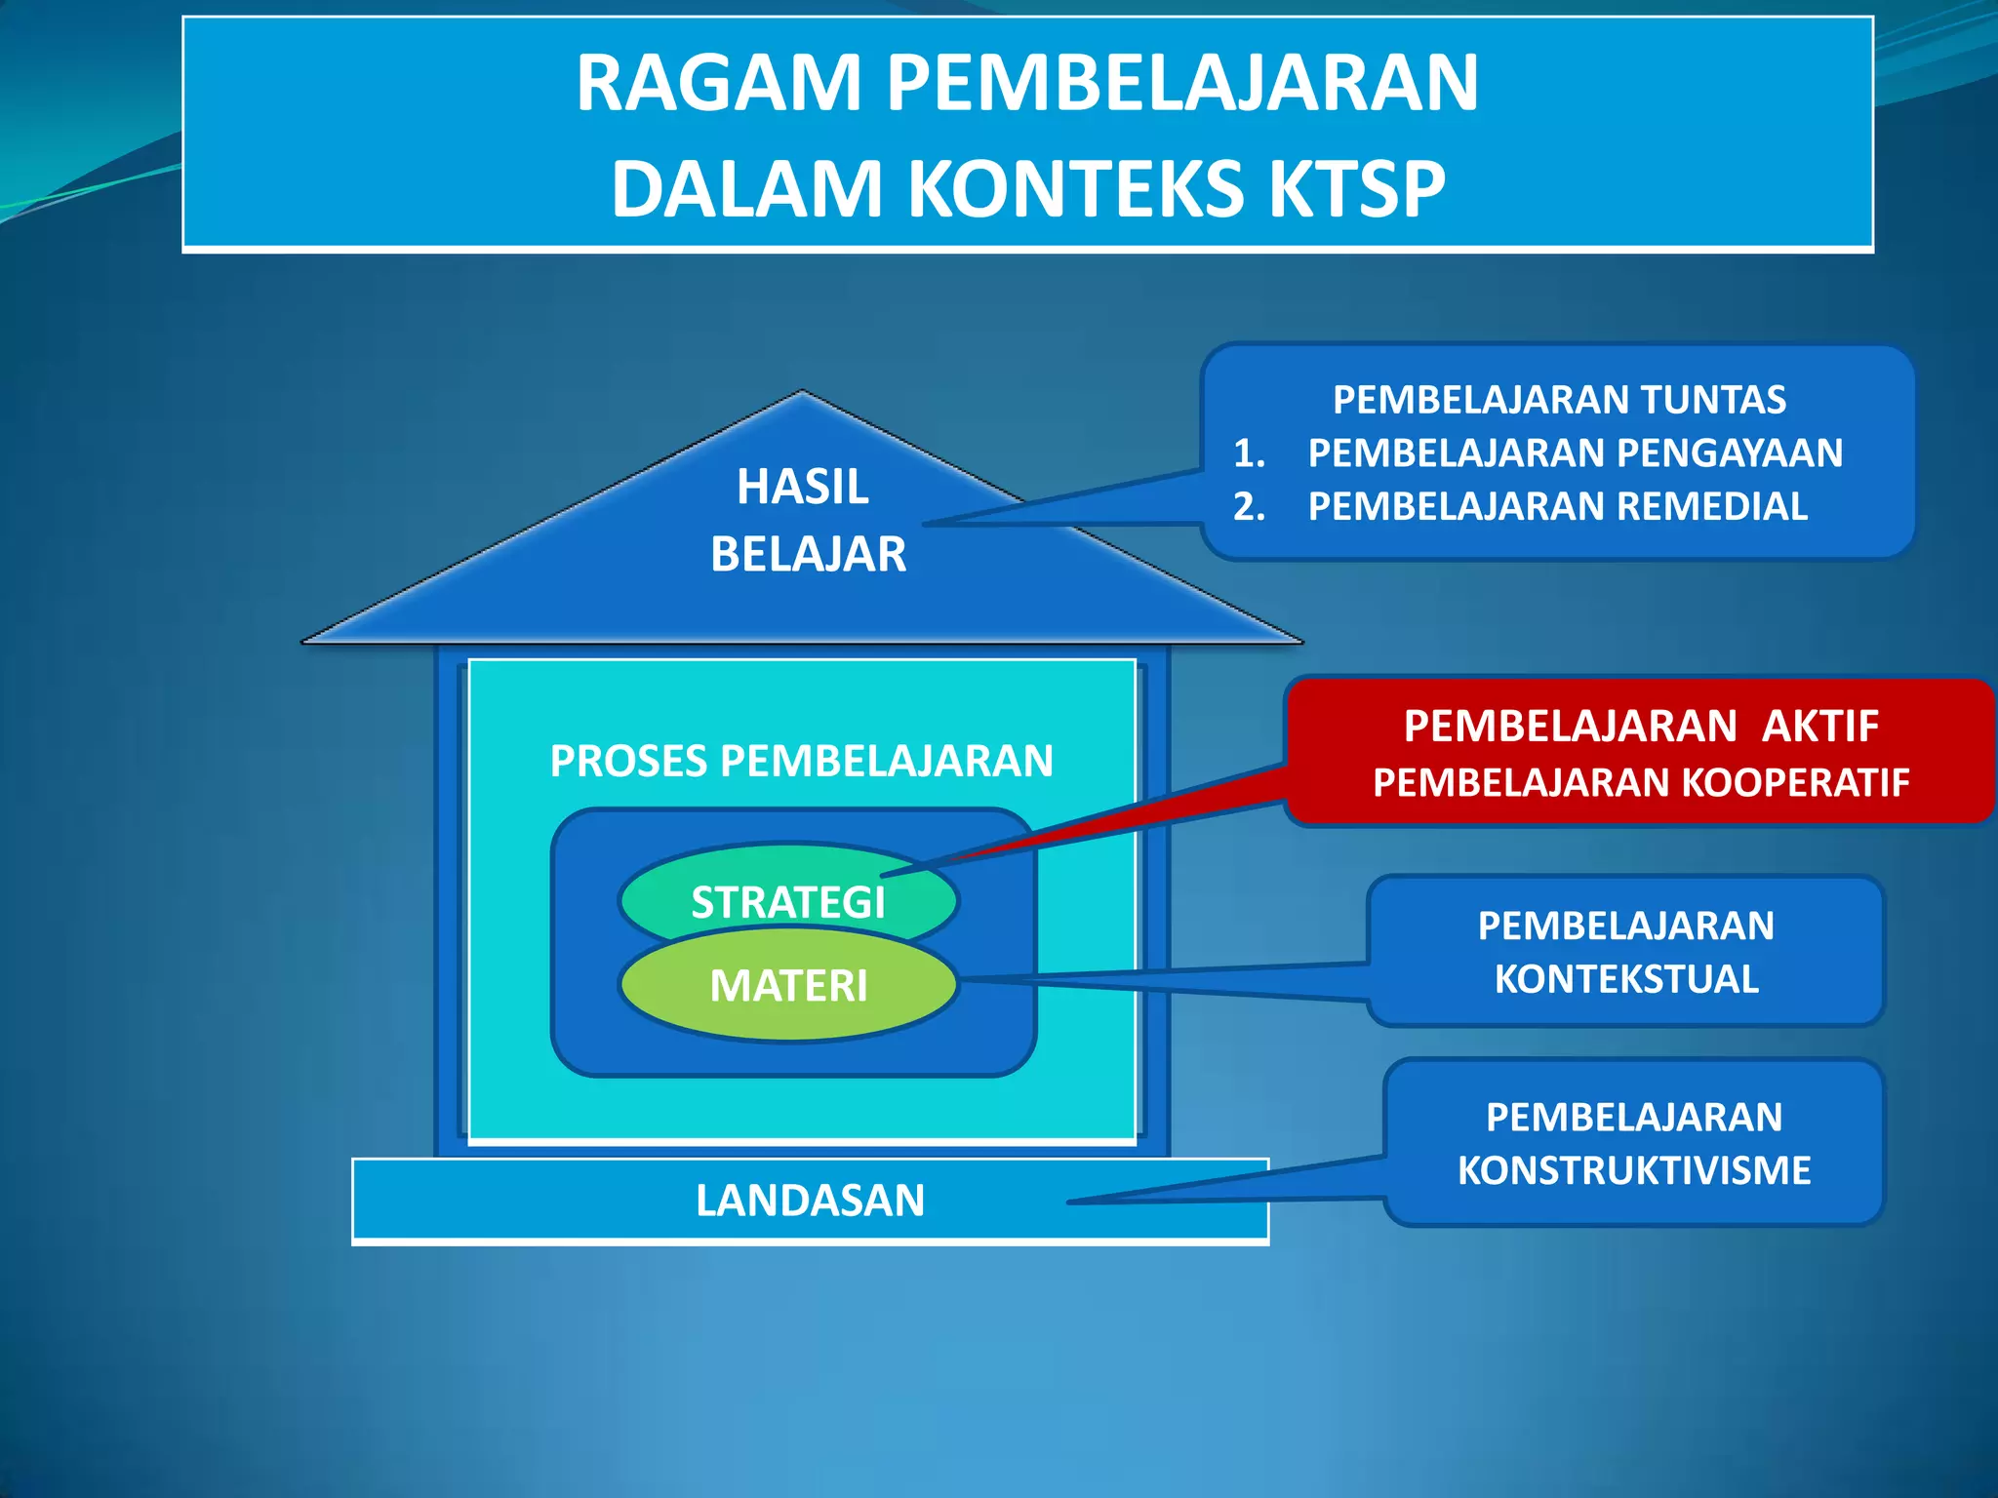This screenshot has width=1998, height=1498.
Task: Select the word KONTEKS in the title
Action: [1078, 189]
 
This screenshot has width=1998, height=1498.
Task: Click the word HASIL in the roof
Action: [802, 487]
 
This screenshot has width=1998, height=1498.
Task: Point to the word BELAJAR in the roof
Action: [808, 555]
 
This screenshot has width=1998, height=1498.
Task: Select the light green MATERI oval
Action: [788, 986]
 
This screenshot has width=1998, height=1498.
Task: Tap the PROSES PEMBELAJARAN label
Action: [801, 761]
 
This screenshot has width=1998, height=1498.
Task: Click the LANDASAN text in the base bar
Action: [810, 1201]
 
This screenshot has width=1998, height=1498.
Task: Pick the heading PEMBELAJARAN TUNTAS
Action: [1559, 400]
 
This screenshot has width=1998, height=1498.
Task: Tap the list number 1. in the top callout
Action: [1249, 453]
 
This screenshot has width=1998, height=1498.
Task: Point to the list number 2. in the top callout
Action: [1249, 507]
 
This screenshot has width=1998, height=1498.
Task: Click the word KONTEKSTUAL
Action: [1626, 979]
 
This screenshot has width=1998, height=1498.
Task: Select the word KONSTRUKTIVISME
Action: [1634, 1170]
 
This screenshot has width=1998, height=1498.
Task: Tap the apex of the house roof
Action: [802, 393]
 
